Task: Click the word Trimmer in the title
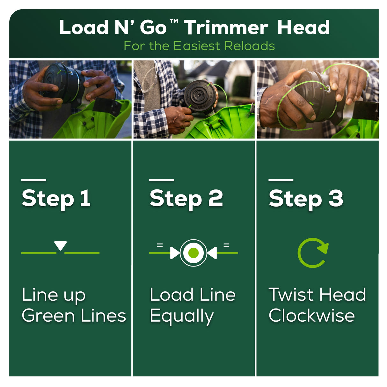pyautogui.click(x=226, y=27)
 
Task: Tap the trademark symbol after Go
pyautogui.click(x=174, y=21)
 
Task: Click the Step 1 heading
pyautogui.click(x=56, y=199)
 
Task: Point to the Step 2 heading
pyautogui.click(x=186, y=199)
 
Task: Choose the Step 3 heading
pyautogui.click(x=306, y=199)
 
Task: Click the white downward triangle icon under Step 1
pyautogui.click(x=60, y=245)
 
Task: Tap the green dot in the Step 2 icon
pyautogui.click(x=193, y=253)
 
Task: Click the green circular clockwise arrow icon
pyautogui.click(x=313, y=253)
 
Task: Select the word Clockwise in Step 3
pyautogui.click(x=311, y=315)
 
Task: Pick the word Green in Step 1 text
pyautogui.click(x=48, y=316)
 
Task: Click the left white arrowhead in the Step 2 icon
pyautogui.click(x=175, y=253)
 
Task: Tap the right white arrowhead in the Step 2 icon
pyautogui.click(x=212, y=253)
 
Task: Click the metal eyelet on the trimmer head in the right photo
pyautogui.click(x=328, y=89)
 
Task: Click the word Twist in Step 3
pyautogui.click(x=291, y=295)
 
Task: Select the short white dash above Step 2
pyautogui.click(x=162, y=180)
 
